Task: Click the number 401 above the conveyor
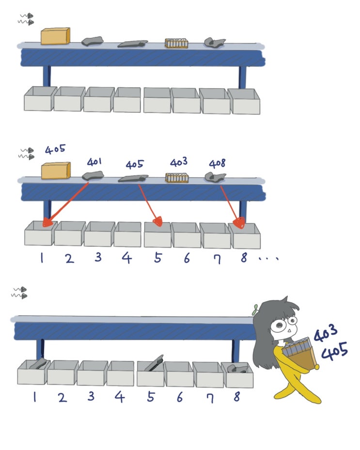coord(94,162)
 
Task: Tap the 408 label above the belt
coord(217,163)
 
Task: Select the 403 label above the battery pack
coord(179,162)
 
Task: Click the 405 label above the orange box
coord(55,149)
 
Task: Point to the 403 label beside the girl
coord(325,333)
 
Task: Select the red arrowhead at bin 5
coord(157,221)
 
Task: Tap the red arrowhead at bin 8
coord(239,222)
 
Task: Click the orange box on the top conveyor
coord(55,36)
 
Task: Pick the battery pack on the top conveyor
coord(176,43)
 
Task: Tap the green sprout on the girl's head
coord(255,310)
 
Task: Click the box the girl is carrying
coord(299,355)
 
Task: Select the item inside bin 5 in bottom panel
coord(154,363)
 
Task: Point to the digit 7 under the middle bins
coord(218,259)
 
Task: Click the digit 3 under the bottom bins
coord(91,396)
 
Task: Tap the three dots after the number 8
coord(268,259)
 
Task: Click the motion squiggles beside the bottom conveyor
coord(19,292)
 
